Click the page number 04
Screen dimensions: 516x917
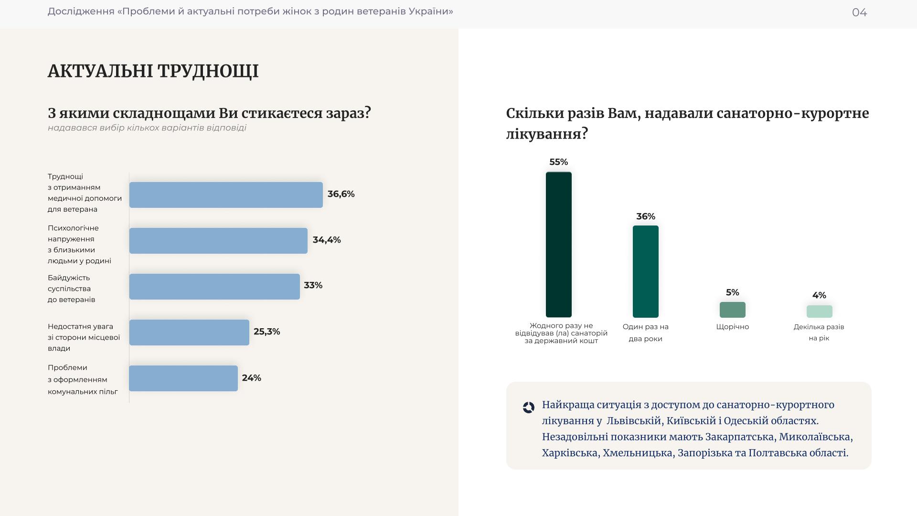(x=859, y=12)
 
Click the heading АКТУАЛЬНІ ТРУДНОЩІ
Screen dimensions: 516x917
(x=153, y=71)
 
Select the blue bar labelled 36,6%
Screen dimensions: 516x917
(x=226, y=195)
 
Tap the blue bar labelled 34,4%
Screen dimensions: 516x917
(x=218, y=241)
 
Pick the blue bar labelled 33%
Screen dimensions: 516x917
(x=214, y=287)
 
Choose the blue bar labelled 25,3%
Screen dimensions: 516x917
(x=189, y=333)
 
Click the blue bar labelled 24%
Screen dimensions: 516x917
(x=183, y=378)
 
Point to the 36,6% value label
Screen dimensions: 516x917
(x=341, y=194)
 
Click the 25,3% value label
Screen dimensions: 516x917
(x=267, y=332)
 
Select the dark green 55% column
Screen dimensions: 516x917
(x=558, y=245)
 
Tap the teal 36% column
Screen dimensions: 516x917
(x=645, y=271)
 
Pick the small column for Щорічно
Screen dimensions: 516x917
(x=732, y=310)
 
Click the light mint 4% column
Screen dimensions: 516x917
(x=819, y=312)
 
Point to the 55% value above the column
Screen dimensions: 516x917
(x=558, y=162)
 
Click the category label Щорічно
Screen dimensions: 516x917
(x=732, y=327)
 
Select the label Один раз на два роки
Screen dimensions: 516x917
(x=645, y=333)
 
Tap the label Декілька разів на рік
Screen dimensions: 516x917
(x=819, y=332)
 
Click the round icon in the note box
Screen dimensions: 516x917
(x=528, y=408)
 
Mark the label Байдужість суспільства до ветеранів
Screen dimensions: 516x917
(x=72, y=289)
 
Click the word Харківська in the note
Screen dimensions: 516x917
(x=569, y=452)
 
